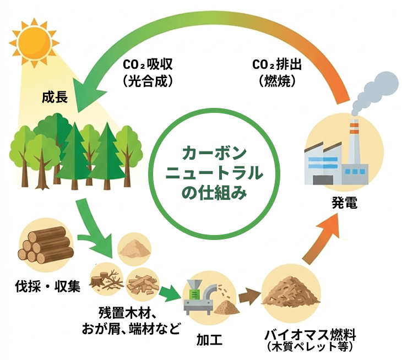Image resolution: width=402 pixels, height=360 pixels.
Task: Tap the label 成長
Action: pyautogui.click(x=55, y=98)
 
